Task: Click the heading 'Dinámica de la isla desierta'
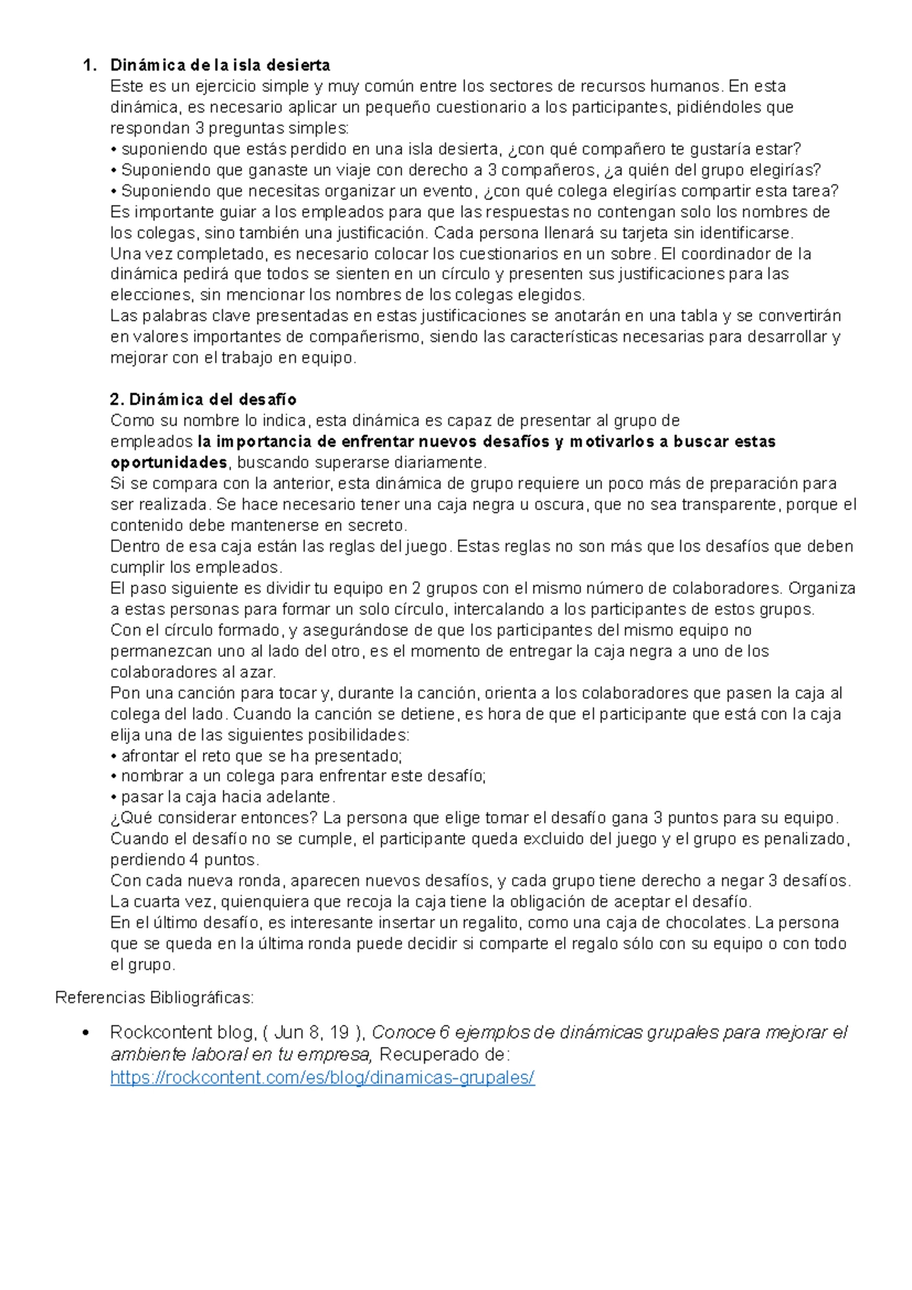[220, 65]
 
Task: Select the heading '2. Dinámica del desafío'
[203, 400]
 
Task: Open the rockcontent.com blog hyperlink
[322, 1077]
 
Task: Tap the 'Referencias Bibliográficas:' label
[154, 997]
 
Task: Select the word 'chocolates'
[706, 922]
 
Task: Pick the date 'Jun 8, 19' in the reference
[312, 1032]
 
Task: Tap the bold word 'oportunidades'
[169, 463]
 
